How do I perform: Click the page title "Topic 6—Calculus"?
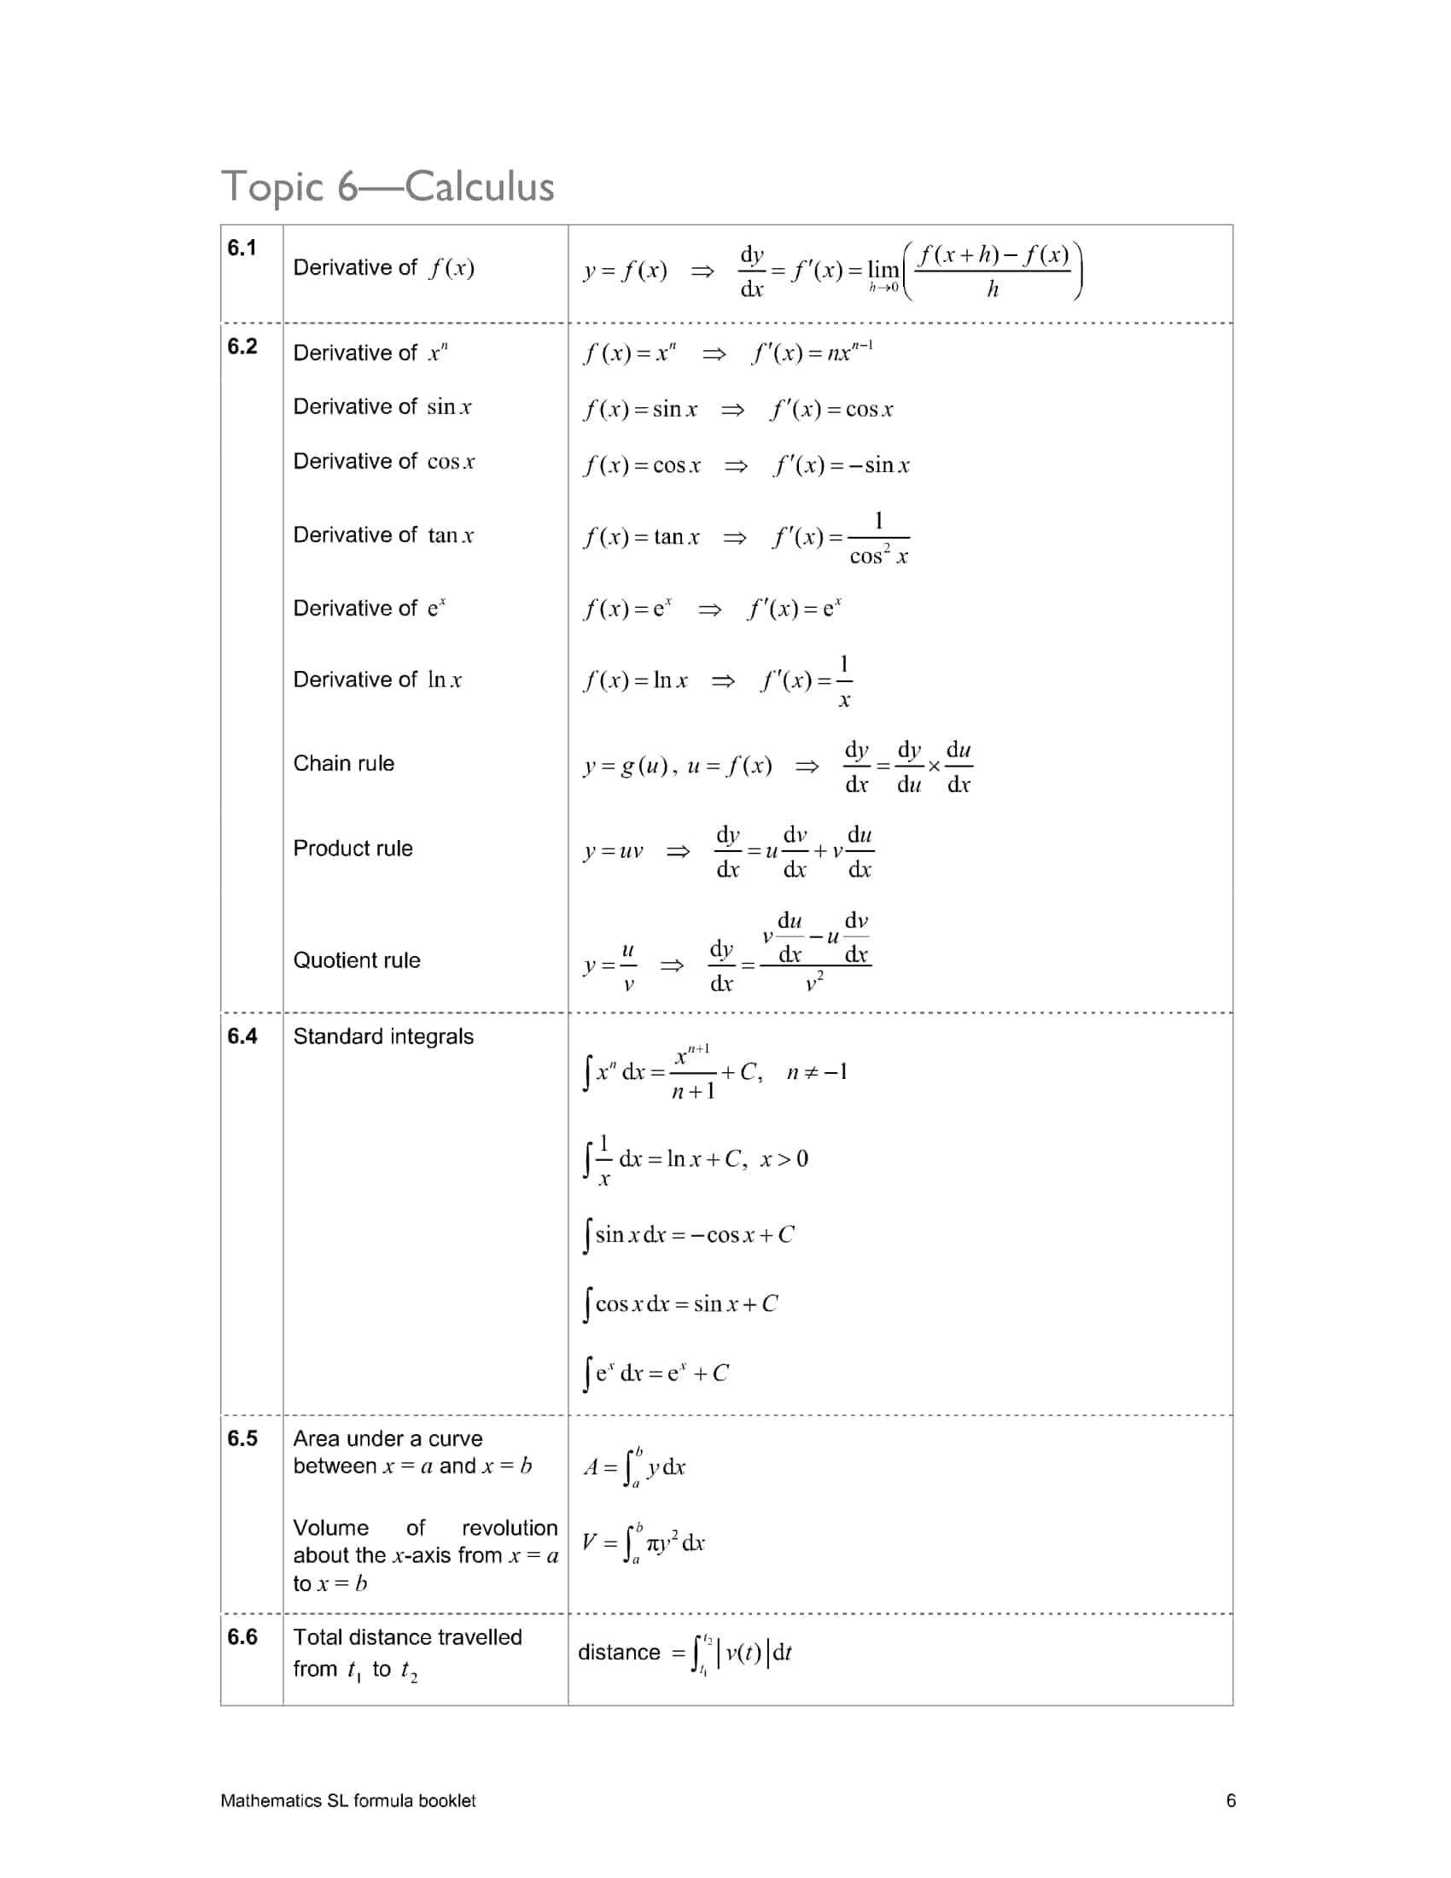388,187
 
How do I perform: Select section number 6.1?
242,248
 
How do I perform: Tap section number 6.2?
242,347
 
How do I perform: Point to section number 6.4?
242,1036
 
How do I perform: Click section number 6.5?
242,1438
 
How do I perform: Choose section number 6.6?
242,1637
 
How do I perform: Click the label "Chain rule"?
343,764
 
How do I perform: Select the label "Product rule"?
353,849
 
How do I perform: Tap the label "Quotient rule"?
357,960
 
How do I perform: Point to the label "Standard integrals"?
382,1036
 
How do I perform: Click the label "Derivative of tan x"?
382,536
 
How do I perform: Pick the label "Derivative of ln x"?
376,680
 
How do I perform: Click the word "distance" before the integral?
618,1653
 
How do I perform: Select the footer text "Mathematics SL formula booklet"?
347,1800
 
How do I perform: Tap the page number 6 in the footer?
1230,1800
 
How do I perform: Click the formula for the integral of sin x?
689,1236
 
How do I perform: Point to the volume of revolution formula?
643,1543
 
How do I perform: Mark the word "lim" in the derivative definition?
882,270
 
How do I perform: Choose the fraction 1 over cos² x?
878,539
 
